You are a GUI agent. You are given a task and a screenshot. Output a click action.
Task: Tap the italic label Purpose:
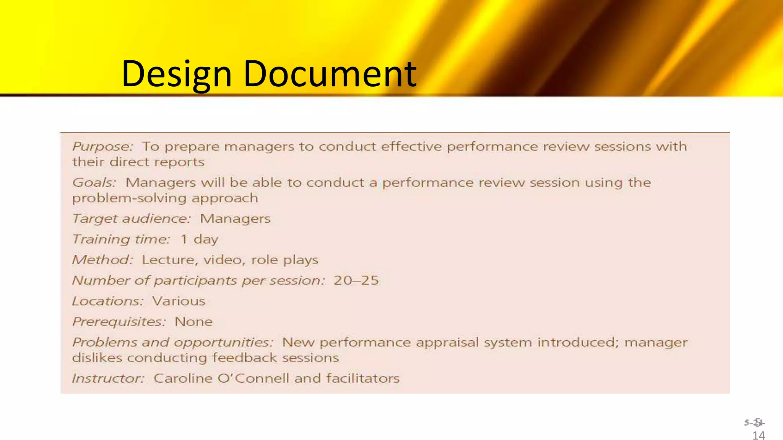(x=102, y=147)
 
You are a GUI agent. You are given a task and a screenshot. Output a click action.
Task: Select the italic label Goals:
(x=94, y=183)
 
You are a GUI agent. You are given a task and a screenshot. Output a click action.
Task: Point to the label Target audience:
(x=132, y=219)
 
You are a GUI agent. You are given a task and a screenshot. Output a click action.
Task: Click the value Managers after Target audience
(x=235, y=219)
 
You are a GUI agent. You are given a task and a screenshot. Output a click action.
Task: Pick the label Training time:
(x=121, y=239)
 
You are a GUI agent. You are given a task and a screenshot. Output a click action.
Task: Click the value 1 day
(x=199, y=239)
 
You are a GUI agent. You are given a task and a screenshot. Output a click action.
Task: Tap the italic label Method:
(x=102, y=260)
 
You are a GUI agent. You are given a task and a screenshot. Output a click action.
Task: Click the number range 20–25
(x=356, y=281)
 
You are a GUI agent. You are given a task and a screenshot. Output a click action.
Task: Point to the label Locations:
(x=108, y=301)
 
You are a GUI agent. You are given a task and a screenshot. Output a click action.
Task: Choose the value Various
(x=179, y=301)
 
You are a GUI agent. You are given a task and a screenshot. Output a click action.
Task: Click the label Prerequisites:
(x=119, y=322)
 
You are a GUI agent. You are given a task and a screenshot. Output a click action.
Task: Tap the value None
(x=193, y=322)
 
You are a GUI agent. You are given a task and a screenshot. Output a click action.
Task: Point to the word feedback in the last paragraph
(x=244, y=358)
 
